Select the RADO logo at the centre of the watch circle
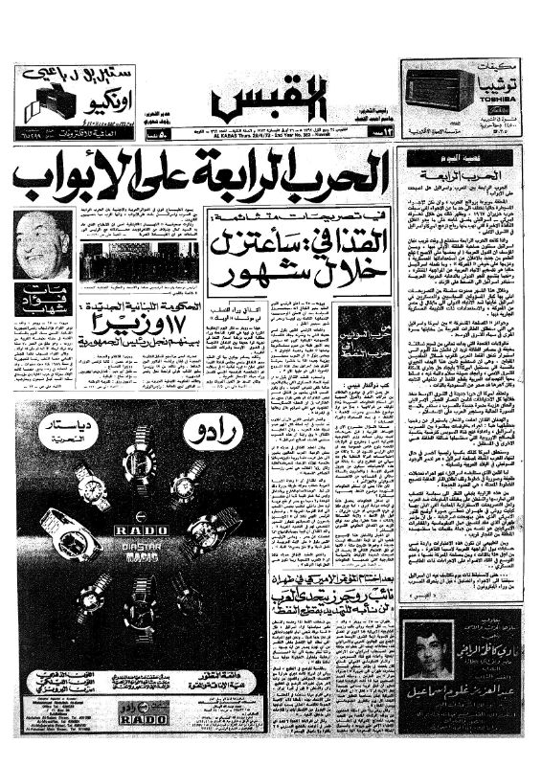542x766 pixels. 141,528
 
